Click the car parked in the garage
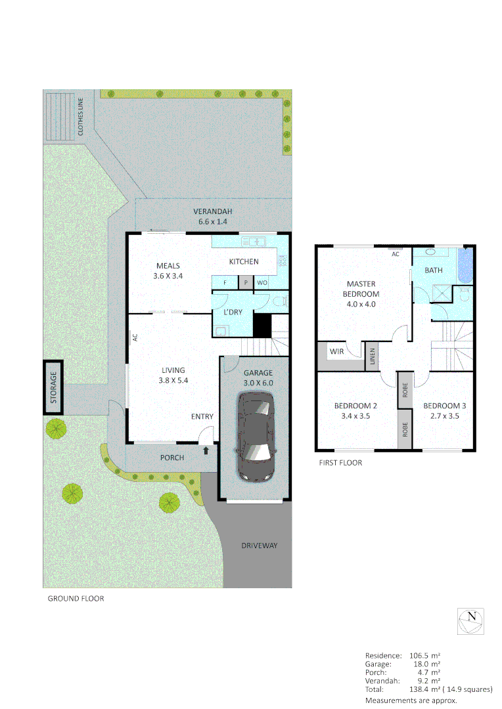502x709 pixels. click(254, 437)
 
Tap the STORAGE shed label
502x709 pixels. click(54, 387)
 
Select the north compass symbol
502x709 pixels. click(471, 620)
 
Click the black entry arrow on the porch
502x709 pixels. click(207, 450)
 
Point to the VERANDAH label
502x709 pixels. click(213, 211)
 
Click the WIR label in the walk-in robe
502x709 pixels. click(336, 352)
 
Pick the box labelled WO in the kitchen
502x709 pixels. click(262, 283)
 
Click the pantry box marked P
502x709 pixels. click(246, 283)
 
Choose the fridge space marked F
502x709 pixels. click(225, 283)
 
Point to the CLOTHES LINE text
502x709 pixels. click(81, 117)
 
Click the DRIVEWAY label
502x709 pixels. click(259, 546)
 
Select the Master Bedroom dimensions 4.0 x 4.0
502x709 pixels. click(361, 304)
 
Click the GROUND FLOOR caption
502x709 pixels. click(76, 599)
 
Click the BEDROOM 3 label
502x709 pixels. click(444, 406)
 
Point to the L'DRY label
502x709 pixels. click(233, 312)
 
